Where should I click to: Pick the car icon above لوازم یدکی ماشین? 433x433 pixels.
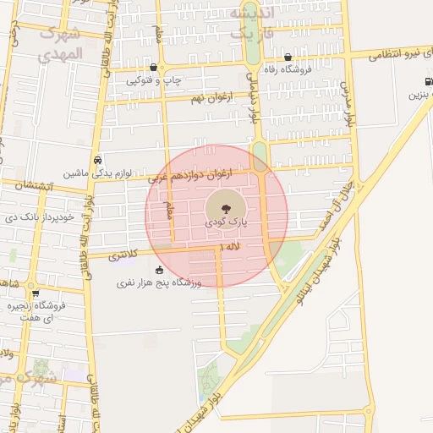coord(98,159)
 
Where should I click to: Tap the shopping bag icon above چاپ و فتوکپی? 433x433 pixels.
coord(152,67)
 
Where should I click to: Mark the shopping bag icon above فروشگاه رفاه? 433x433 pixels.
coord(288,58)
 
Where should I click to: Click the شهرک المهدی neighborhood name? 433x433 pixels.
coord(61,42)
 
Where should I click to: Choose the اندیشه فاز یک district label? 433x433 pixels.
coord(251,23)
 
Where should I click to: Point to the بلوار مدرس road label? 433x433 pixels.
coord(346,98)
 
